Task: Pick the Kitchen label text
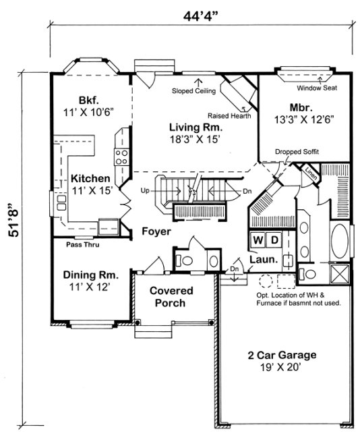(x=90, y=178)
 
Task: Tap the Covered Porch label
(x=171, y=297)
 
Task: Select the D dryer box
(x=274, y=240)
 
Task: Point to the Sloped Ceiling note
(x=193, y=90)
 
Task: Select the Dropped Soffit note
(x=297, y=152)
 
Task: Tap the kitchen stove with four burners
(x=123, y=158)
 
